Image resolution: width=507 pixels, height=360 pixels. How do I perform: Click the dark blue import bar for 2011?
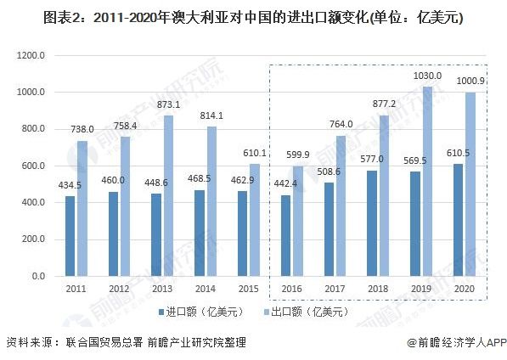click(x=70, y=237)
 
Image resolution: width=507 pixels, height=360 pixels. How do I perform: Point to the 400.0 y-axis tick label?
click(x=33, y=203)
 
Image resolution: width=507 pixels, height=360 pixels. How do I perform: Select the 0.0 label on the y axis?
click(x=38, y=277)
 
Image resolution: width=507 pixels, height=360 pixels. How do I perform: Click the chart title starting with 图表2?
click(x=252, y=17)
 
